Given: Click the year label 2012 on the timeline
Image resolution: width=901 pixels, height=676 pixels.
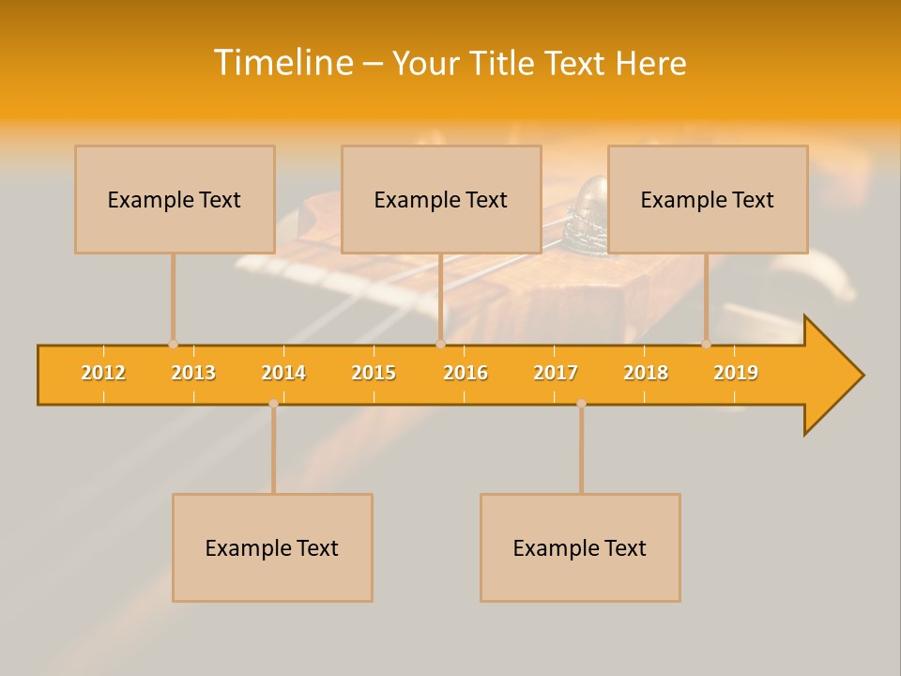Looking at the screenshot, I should click(103, 373).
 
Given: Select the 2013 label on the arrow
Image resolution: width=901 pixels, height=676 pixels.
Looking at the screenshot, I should click(193, 373).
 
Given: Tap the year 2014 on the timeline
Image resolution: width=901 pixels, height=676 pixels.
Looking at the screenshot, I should click(283, 373).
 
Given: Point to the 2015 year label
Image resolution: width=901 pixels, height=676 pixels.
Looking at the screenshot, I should click(374, 373).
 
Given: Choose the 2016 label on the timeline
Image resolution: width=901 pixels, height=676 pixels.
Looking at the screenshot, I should click(466, 373).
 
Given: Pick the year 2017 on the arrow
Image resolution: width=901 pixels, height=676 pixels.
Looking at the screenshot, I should click(556, 373).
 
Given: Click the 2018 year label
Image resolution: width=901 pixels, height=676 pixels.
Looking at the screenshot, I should click(646, 373).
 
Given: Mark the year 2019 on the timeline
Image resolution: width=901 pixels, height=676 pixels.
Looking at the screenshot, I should click(736, 373).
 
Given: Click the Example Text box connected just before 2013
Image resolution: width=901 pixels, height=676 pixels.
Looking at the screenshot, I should click(175, 199).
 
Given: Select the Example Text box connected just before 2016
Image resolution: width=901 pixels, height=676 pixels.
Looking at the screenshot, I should click(441, 199).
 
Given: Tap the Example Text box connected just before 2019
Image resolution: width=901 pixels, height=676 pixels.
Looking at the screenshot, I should click(708, 199).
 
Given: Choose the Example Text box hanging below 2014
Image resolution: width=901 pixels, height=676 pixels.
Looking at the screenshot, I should click(272, 547).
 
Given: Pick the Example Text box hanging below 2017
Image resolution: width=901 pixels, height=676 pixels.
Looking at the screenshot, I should click(580, 547).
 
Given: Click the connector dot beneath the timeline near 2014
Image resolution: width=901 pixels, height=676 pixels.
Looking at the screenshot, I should click(273, 404).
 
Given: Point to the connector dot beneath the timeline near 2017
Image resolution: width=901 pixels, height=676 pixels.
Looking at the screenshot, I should click(581, 404).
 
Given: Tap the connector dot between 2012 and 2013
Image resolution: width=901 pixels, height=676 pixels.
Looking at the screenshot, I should click(173, 344).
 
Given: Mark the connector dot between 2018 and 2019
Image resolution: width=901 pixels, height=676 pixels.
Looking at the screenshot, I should click(706, 344).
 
